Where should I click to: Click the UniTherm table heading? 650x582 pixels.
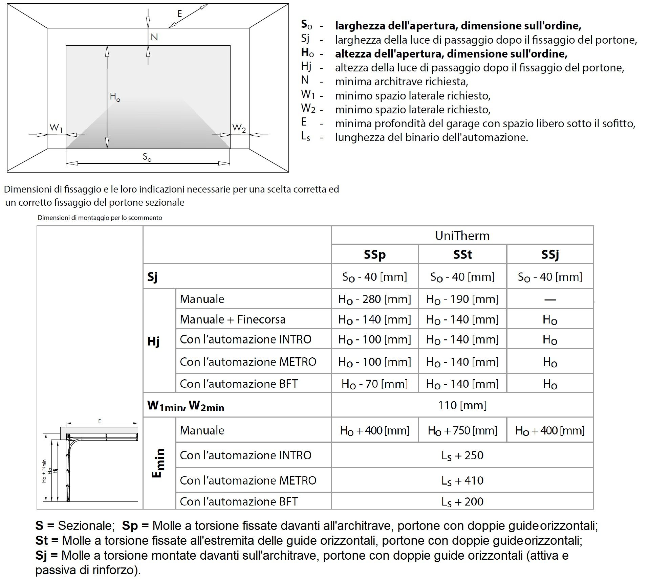(462, 236)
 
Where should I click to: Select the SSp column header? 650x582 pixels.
(374, 254)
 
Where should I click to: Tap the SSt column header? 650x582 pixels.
(462, 254)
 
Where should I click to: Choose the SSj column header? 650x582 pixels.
(550, 254)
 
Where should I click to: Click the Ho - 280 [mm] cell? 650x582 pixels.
(374, 299)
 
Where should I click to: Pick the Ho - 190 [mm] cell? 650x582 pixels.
(462, 299)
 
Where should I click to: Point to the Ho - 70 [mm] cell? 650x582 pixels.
(374, 384)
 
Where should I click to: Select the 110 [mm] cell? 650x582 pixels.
(462, 405)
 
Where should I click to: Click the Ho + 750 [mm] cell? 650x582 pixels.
(462, 430)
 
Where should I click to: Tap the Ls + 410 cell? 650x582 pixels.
(462, 480)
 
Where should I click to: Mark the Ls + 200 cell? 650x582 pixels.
(462, 501)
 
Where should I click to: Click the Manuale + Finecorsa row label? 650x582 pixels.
(233, 319)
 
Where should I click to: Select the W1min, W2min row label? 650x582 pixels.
(186, 405)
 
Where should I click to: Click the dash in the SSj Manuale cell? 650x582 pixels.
(550, 299)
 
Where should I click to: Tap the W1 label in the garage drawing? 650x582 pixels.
(56, 128)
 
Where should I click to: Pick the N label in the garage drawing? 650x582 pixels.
(154, 37)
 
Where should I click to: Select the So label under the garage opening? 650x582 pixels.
(147, 157)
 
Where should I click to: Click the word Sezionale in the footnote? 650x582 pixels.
(85, 525)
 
